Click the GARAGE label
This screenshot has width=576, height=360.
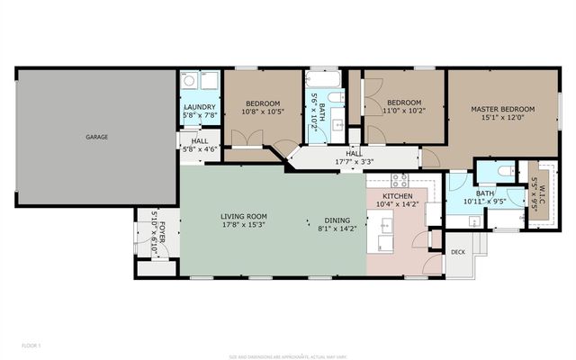pyautogui.click(x=96, y=137)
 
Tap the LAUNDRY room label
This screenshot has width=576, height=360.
pyautogui.click(x=198, y=106)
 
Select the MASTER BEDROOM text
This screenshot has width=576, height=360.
pyautogui.click(x=502, y=109)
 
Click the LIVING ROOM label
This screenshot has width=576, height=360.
pyautogui.click(x=245, y=217)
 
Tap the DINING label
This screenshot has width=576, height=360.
pyautogui.click(x=337, y=220)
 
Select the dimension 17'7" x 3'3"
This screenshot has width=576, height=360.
pyautogui.click(x=354, y=162)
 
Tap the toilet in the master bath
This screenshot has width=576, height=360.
pyautogui.click(x=506, y=170)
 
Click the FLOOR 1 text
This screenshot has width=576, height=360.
pyautogui.click(x=32, y=345)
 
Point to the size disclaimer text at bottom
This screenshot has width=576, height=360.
pyautogui.click(x=287, y=355)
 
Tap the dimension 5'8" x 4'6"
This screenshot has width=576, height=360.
pyautogui.click(x=198, y=149)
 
